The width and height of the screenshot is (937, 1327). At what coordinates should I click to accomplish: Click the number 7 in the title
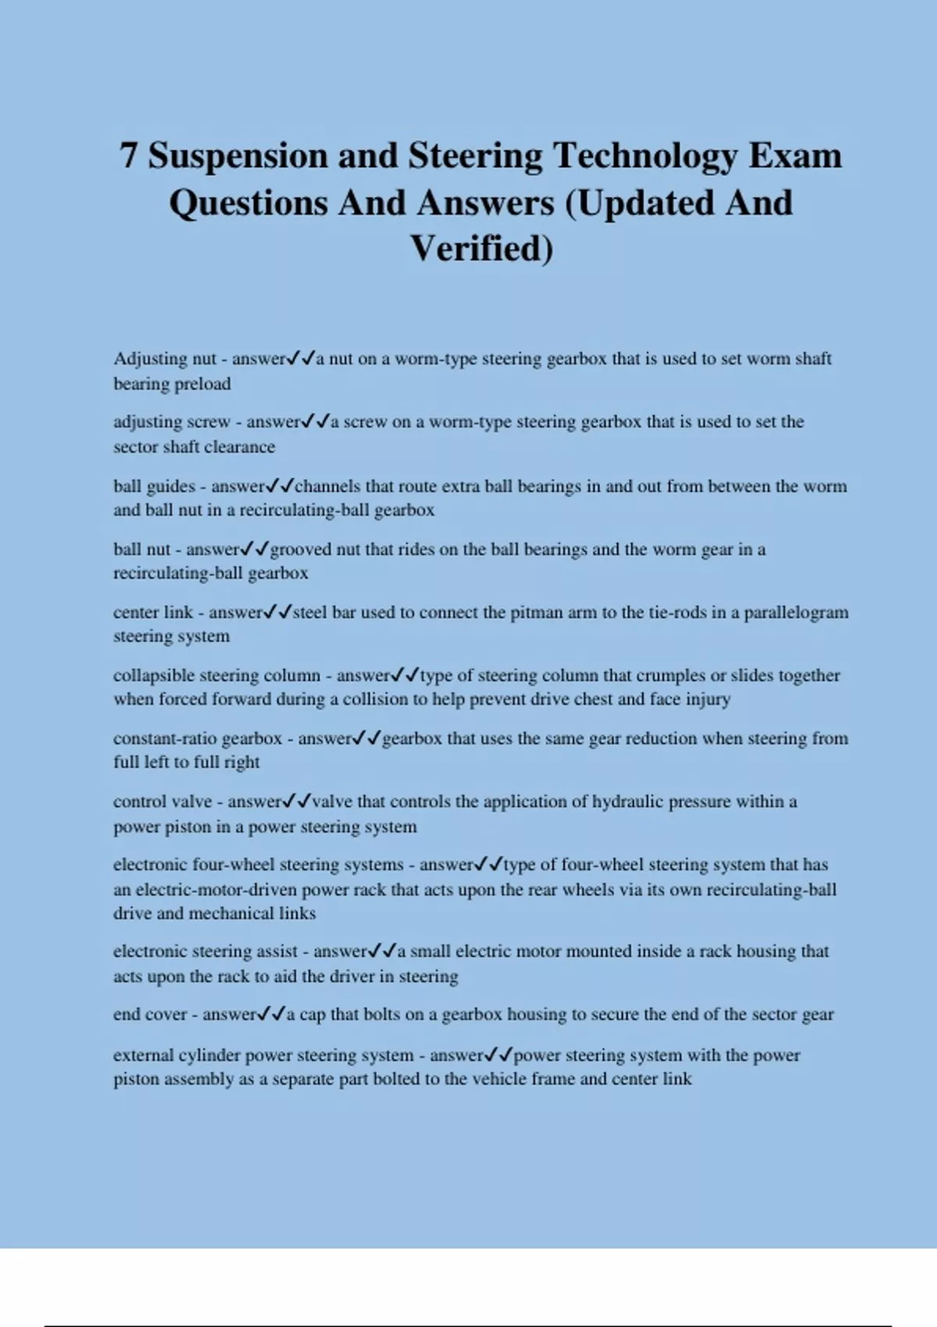point(129,155)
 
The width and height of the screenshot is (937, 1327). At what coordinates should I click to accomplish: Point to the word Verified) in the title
point(482,249)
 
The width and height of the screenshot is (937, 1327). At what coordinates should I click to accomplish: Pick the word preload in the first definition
point(201,384)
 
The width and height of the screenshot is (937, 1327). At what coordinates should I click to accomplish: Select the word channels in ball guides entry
point(328,486)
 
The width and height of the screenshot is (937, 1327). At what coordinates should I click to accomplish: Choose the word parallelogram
point(796,613)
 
